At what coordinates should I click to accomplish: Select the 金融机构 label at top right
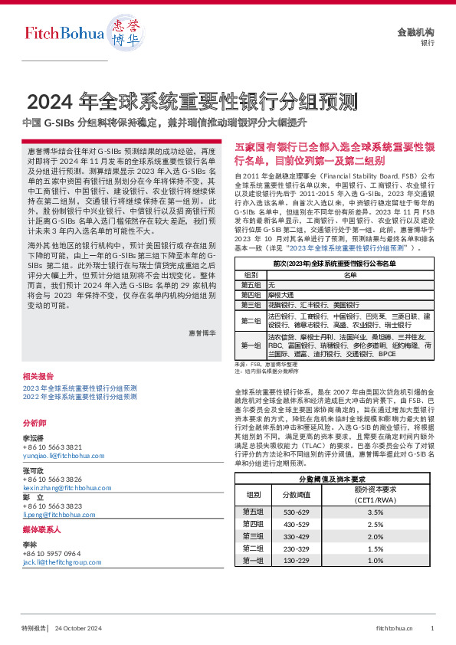point(415,32)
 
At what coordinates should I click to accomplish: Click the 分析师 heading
point(34,422)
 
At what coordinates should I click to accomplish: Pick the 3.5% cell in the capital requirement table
point(375,512)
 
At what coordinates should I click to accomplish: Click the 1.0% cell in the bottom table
point(375,560)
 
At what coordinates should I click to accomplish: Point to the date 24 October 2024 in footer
point(78,628)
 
